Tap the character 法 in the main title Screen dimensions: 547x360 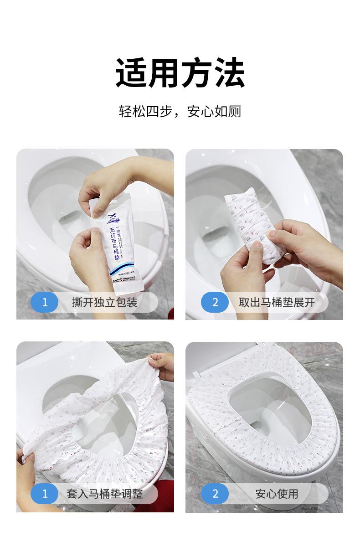[x=228, y=73]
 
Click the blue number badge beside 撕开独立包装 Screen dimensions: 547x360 [x=45, y=302]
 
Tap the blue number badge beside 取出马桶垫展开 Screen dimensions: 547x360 [x=215, y=302]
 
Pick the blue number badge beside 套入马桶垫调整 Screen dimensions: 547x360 [x=45, y=494]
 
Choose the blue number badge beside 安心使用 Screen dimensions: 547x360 [x=215, y=494]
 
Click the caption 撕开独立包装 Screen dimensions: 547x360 [x=104, y=302]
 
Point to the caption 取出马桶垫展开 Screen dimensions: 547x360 [x=277, y=302]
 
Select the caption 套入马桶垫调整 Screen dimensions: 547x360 [x=104, y=494]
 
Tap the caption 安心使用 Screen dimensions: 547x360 [x=277, y=494]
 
